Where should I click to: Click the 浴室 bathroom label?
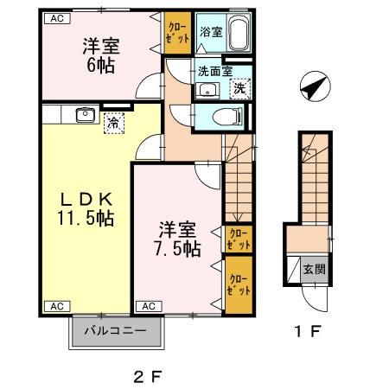coord(209,32)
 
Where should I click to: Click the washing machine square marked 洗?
coord(239,88)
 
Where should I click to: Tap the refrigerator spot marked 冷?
coord(114,124)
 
